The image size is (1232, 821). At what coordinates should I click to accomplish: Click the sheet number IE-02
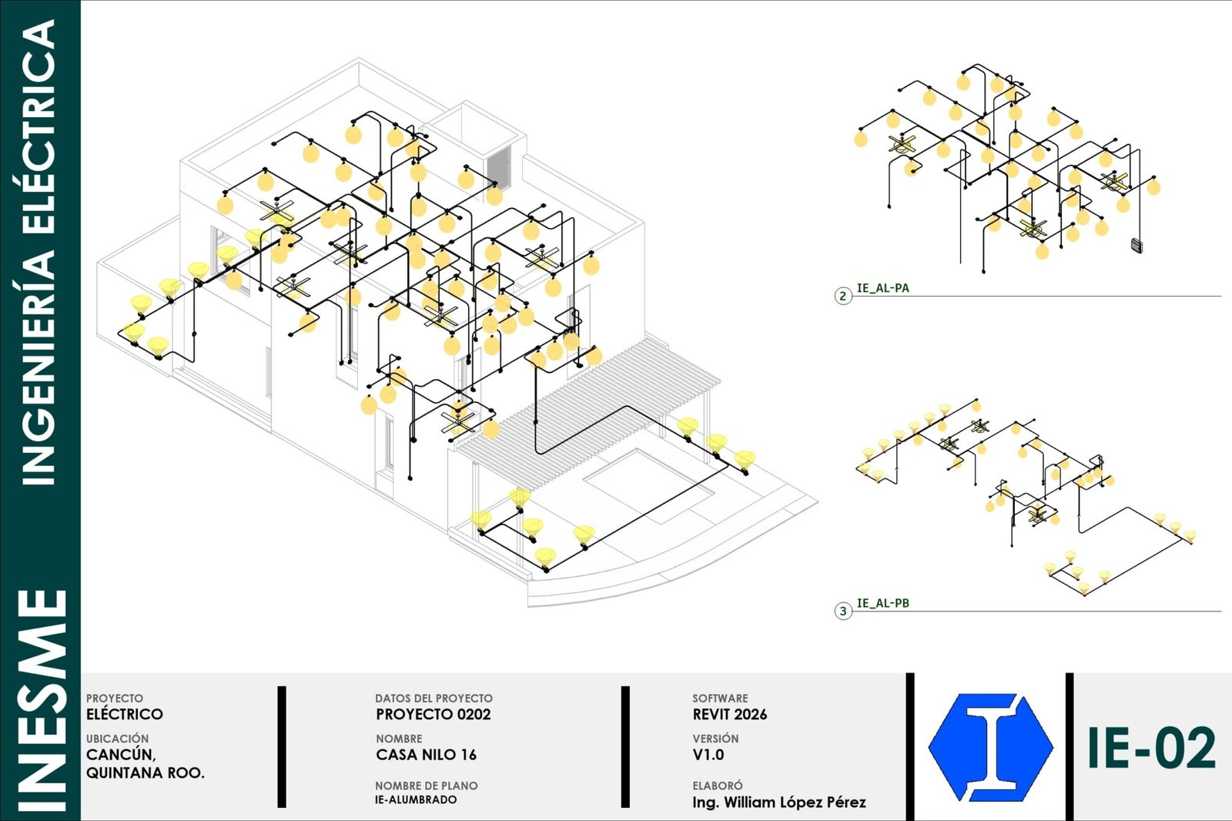pyautogui.click(x=1151, y=747)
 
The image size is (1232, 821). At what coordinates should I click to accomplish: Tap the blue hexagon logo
pyautogui.click(x=990, y=747)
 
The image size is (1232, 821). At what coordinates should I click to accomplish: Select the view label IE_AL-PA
pyautogui.click(x=882, y=288)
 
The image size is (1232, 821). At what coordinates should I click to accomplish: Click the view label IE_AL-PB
pyautogui.click(x=882, y=603)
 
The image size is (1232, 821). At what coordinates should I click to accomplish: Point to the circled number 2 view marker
pyautogui.click(x=842, y=296)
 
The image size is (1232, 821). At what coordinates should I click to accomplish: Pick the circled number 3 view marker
pyautogui.click(x=842, y=611)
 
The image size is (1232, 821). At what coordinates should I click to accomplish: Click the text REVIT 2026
pyautogui.click(x=729, y=714)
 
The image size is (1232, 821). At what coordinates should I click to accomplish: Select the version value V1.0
pyautogui.click(x=708, y=755)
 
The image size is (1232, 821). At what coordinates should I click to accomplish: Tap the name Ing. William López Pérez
pyautogui.click(x=778, y=803)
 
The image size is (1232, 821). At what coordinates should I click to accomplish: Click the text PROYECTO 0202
pyautogui.click(x=434, y=714)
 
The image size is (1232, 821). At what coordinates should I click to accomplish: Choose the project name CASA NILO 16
pyautogui.click(x=427, y=755)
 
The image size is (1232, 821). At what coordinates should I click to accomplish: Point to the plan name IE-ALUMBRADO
pyautogui.click(x=416, y=799)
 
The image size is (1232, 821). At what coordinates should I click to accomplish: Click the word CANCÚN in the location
pyautogui.click(x=121, y=755)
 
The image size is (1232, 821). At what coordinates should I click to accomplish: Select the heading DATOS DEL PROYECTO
pyautogui.click(x=434, y=699)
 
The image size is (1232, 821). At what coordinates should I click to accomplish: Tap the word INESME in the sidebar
pyautogui.click(x=42, y=701)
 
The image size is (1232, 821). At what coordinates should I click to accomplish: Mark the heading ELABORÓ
pyautogui.click(x=717, y=786)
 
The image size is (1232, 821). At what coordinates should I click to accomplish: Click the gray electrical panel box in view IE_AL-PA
pyautogui.click(x=1137, y=246)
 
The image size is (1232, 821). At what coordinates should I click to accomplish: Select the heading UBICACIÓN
pyautogui.click(x=117, y=739)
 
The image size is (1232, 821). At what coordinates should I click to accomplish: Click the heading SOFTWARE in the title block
pyautogui.click(x=720, y=699)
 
